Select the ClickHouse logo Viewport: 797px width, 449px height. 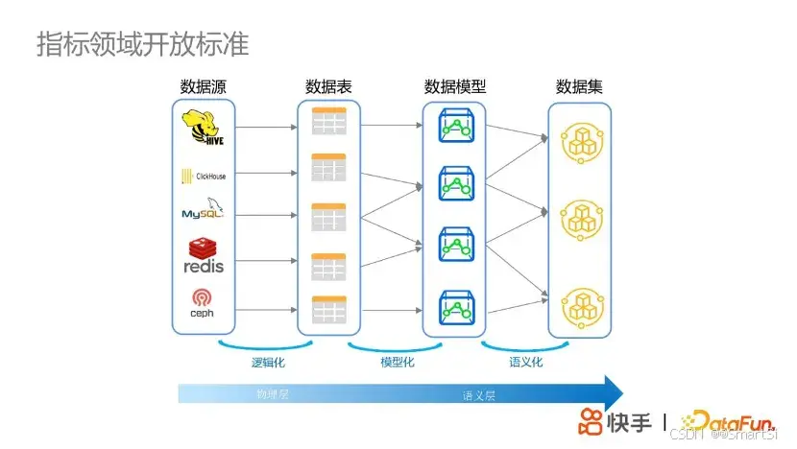(x=203, y=176)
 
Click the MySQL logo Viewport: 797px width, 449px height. (x=203, y=211)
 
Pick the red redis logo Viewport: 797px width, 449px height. (x=203, y=255)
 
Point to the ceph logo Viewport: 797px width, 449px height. (x=203, y=303)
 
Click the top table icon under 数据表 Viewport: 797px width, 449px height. (x=328, y=121)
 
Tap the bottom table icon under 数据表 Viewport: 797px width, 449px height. (x=328, y=308)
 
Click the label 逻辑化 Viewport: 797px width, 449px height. (x=268, y=363)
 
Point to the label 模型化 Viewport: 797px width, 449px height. (x=397, y=363)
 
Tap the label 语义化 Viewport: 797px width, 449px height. (x=525, y=363)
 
